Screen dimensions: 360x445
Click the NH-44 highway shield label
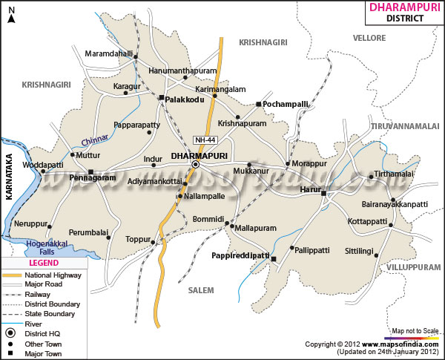coord(205,140)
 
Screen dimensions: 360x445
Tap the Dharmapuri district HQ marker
coord(196,165)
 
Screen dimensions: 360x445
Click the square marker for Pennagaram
coord(90,171)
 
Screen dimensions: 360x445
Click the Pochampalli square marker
coord(258,105)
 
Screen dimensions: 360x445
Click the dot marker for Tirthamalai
coord(371,177)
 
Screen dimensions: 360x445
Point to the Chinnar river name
coord(95,139)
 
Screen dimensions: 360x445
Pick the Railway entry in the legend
coord(42,295)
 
